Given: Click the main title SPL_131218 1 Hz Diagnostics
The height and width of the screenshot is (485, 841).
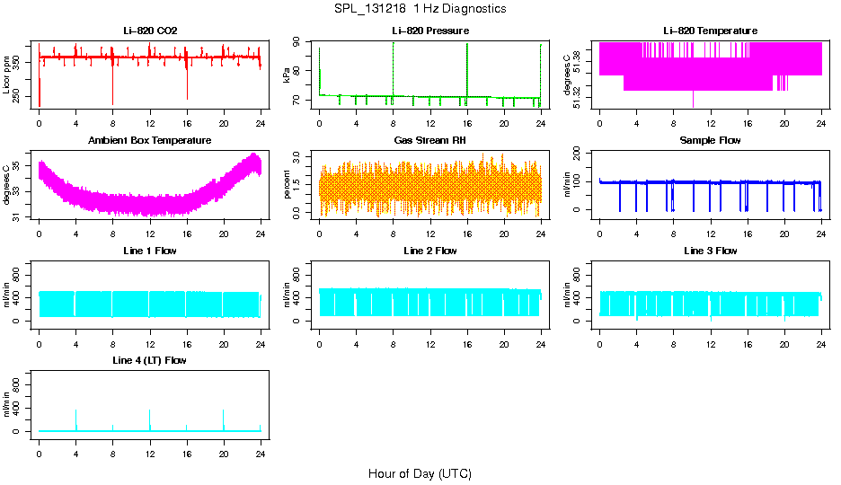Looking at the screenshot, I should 420,9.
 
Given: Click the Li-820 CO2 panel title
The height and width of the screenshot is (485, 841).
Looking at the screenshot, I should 150,31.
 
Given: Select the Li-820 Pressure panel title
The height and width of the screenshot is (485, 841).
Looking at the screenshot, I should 430,31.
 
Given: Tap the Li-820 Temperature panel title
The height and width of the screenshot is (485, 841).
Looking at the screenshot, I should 710,31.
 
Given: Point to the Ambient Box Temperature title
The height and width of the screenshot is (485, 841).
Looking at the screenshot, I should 150,141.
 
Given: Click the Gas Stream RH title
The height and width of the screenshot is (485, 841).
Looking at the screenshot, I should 430,141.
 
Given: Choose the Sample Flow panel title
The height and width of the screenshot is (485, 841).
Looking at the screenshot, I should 710,141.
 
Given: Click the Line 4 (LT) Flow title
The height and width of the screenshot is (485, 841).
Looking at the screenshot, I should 150,360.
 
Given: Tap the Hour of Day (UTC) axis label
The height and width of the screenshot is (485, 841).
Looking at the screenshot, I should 420,473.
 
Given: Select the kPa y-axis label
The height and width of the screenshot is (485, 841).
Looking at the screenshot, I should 288,75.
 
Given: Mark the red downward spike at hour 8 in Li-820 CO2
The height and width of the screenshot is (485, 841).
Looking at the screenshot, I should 112,90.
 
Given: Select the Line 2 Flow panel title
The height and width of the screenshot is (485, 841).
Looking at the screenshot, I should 430,251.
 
